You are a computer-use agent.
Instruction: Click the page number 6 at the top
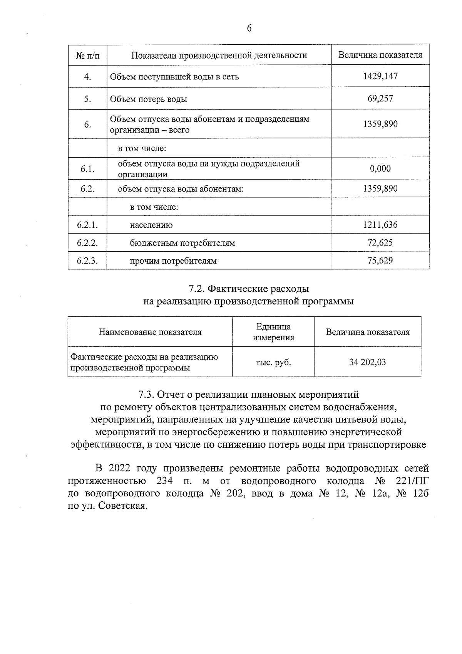point(249,29)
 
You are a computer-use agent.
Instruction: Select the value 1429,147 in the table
point(380,76)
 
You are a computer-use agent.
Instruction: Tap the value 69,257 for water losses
point(380,98)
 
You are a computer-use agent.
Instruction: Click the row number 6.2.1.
point(87,225)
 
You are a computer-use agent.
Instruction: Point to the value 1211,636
point(380,225)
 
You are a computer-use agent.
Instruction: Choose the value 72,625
point(380,243)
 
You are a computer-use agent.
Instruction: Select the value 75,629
point(380,261)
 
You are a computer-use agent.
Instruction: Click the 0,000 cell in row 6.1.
point(380,168)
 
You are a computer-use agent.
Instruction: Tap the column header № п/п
point(87,55)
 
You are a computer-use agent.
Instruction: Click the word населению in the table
point(151,225)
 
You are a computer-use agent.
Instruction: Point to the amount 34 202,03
point(367,362)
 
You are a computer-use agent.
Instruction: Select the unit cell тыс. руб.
point(273,362)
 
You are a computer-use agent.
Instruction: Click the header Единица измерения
point(273,332)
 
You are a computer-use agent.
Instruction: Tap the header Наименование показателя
point(150,332)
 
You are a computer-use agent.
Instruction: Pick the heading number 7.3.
point(147,395)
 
